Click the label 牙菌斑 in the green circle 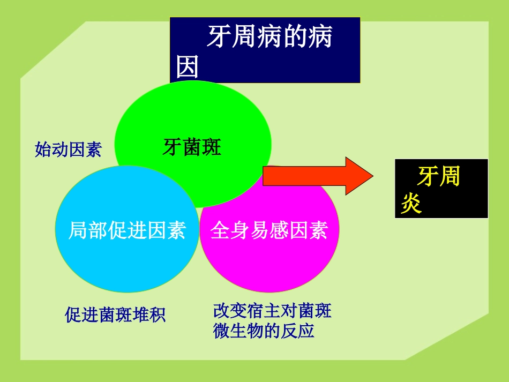(192, 147)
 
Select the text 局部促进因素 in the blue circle (127, 230)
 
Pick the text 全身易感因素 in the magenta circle (269, 230)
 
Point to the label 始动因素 (68, 149)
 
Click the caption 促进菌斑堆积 (115, 314)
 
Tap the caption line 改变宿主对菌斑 (272, 311)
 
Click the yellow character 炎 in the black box (411, 204)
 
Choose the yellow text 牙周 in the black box (439, 177)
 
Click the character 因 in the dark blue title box (188, 68)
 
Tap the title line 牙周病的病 (270, 38)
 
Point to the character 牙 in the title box (219, 38)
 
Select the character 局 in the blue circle (78, 230)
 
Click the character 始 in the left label (43, 149)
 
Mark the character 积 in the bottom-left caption (158, 314)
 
